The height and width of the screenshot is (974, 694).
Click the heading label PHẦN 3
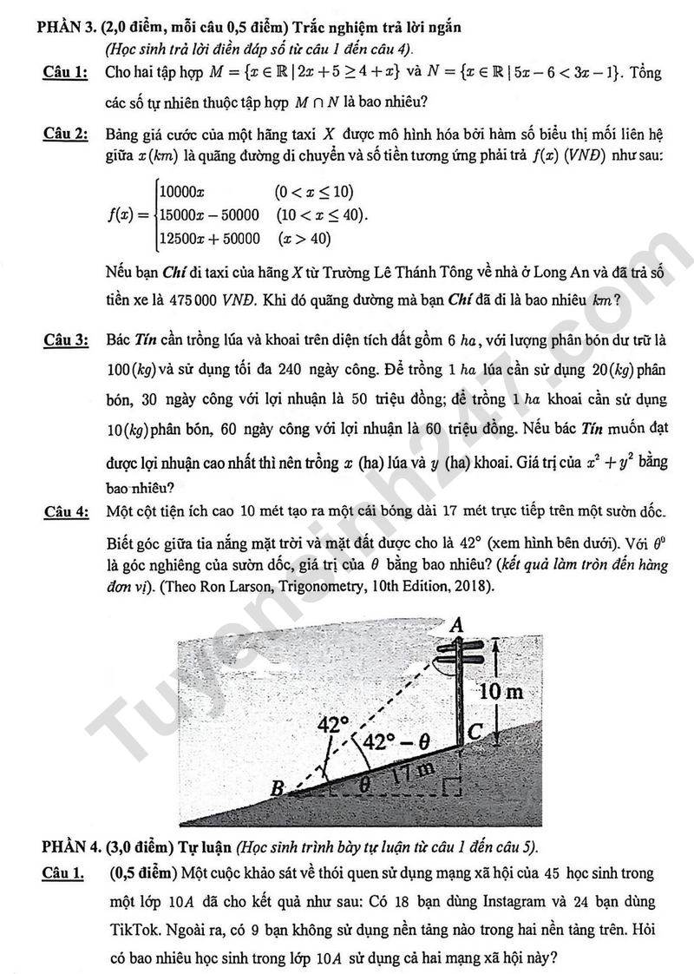pyautogui.click(x=66, y=28)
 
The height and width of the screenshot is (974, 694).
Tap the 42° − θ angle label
pyautogui.click(x=396, y=742)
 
